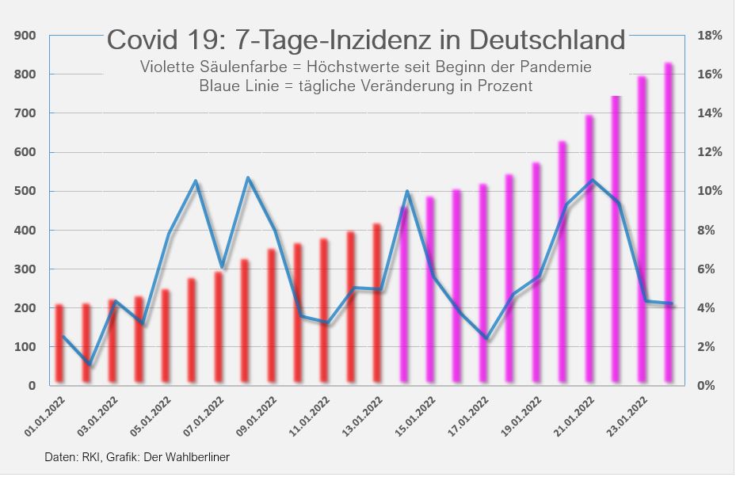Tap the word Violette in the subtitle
tap(166, 67)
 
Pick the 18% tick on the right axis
tap(708, 36)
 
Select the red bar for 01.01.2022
tap(59, 344)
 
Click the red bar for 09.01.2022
tap(272, 317)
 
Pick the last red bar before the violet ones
tap(377, 305)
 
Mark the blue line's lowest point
tap(90, 365)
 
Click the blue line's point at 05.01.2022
tap(168, 235)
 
